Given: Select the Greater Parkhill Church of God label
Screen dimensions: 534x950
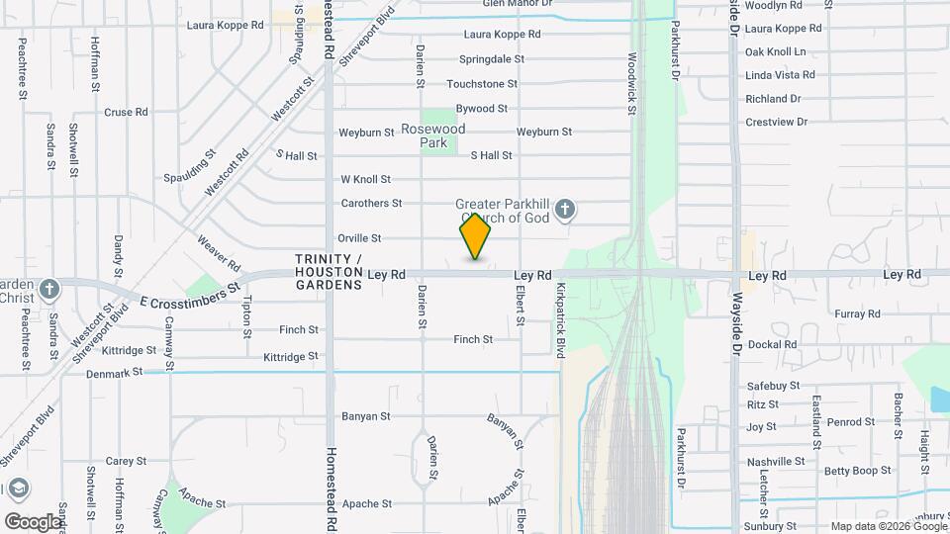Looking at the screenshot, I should click(x=504, y=212).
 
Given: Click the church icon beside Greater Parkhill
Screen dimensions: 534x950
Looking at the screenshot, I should click(x=565, y=210).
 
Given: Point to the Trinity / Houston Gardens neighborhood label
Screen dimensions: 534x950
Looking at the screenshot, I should click(x=329, y=272).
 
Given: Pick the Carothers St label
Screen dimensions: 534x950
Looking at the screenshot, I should click(x=371, y=203).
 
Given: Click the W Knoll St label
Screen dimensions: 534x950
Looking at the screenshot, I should click(x=366, y=179).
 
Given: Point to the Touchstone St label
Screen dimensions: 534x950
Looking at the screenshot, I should click(x=482, y=84).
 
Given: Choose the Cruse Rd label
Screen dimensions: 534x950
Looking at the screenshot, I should click(x=126, y=113).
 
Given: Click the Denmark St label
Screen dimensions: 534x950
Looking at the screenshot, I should click(x=115, y=372).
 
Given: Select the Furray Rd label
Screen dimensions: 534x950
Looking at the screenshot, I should click(x=857, y=313).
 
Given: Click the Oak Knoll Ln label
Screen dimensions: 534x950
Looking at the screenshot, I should click(x=775, y=51).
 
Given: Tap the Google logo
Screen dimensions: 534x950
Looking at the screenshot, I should click(x=33, y=521).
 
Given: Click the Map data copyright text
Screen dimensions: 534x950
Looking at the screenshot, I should click(x=888, y=526).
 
